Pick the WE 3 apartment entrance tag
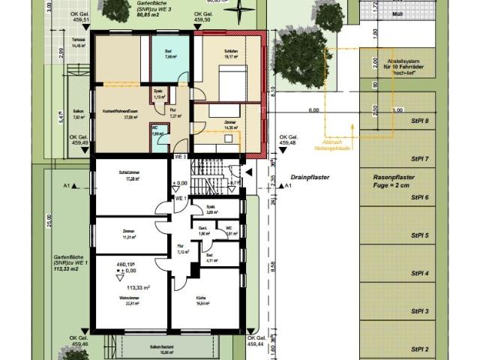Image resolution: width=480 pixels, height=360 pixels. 180,157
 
